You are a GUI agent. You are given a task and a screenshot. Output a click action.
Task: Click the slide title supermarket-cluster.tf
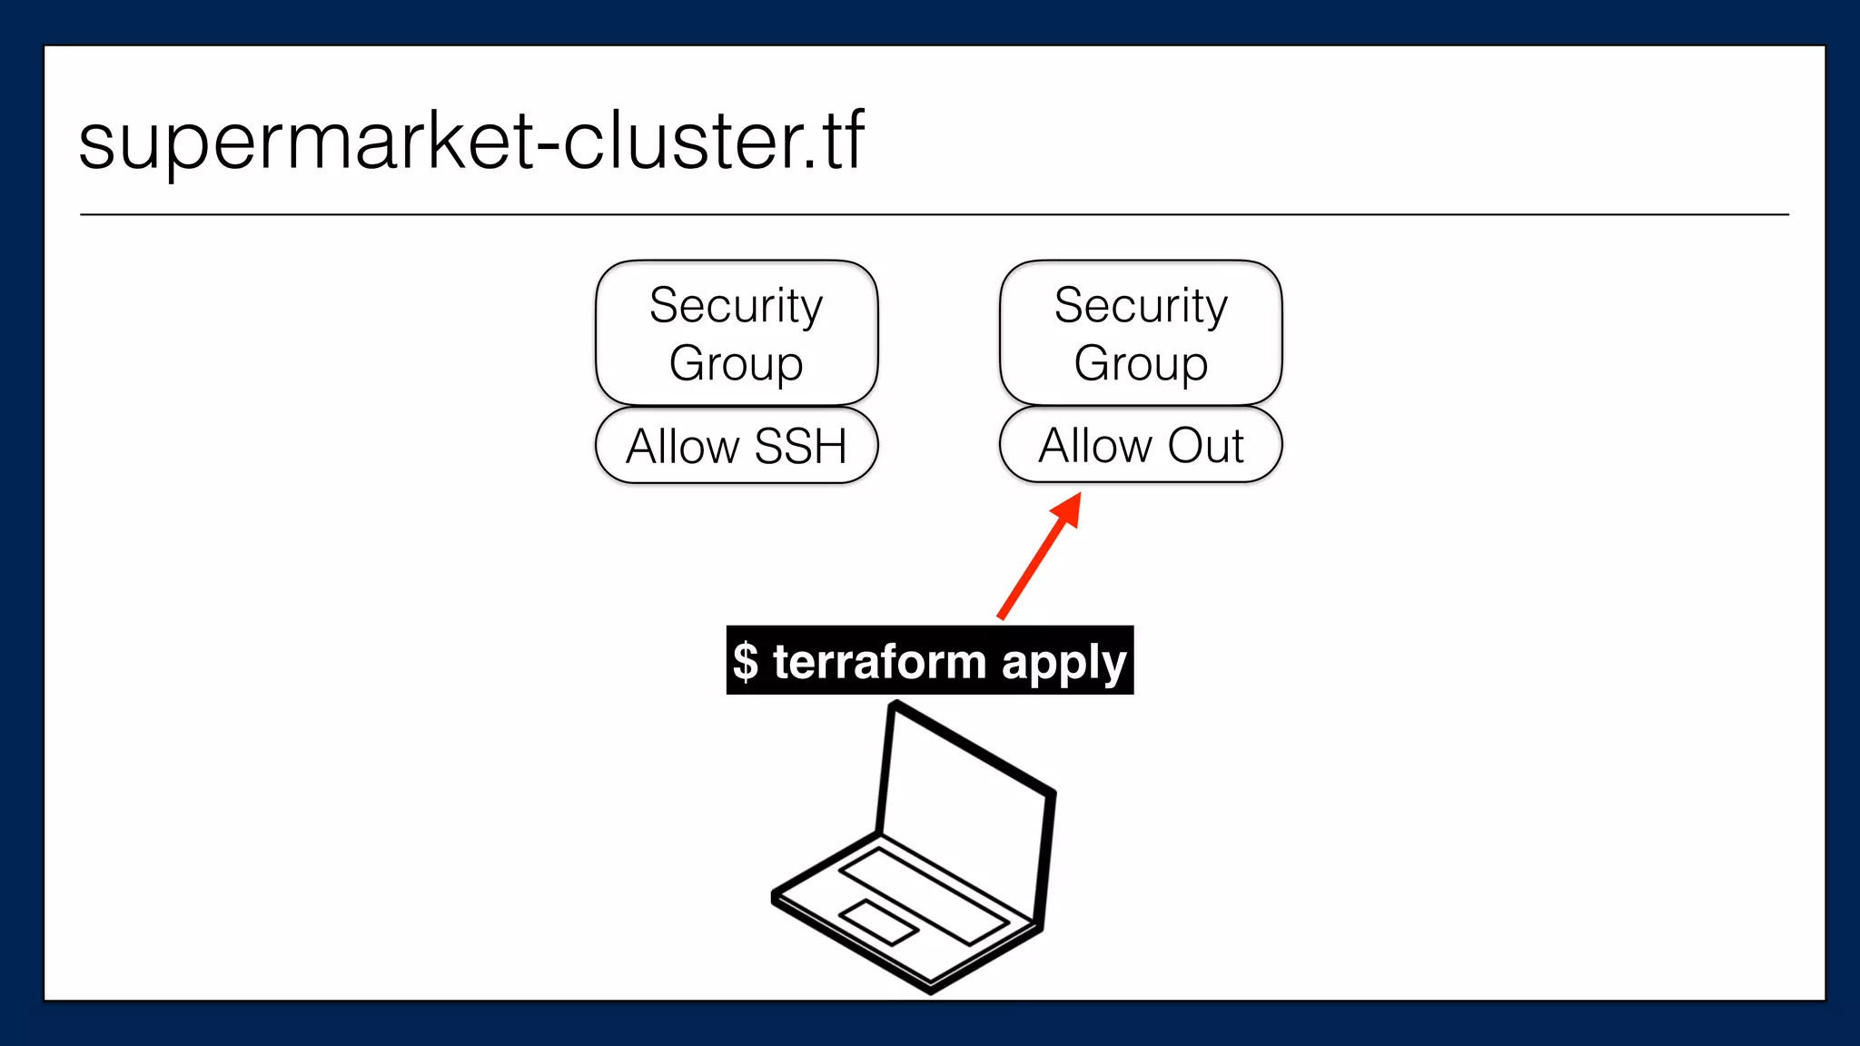coord(470,141)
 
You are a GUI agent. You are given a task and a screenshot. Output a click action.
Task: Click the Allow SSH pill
coord(736,446)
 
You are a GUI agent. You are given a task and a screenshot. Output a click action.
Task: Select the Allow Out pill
coord(1141,445)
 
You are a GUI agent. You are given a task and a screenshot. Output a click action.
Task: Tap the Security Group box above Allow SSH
coord(736,332)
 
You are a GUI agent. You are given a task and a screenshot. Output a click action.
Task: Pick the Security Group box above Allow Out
coord(1141,332)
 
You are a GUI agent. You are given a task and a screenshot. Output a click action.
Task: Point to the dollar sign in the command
coord(746,661)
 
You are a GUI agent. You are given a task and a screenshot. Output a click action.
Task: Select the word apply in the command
coord(1064,663)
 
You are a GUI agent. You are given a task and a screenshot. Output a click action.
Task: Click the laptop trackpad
coord(878,922)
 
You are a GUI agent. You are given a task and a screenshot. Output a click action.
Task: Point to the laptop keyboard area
coord(922,894)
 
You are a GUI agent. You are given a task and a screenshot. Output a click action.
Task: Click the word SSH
coord(800,446)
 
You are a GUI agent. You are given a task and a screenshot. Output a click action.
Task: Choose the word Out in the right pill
coord(1205,445)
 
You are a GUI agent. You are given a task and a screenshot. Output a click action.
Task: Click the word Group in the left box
coord(736,363)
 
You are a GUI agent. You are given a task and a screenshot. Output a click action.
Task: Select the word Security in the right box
coord(1141,305)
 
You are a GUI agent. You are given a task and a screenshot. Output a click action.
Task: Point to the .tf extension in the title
coord(836,141)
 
